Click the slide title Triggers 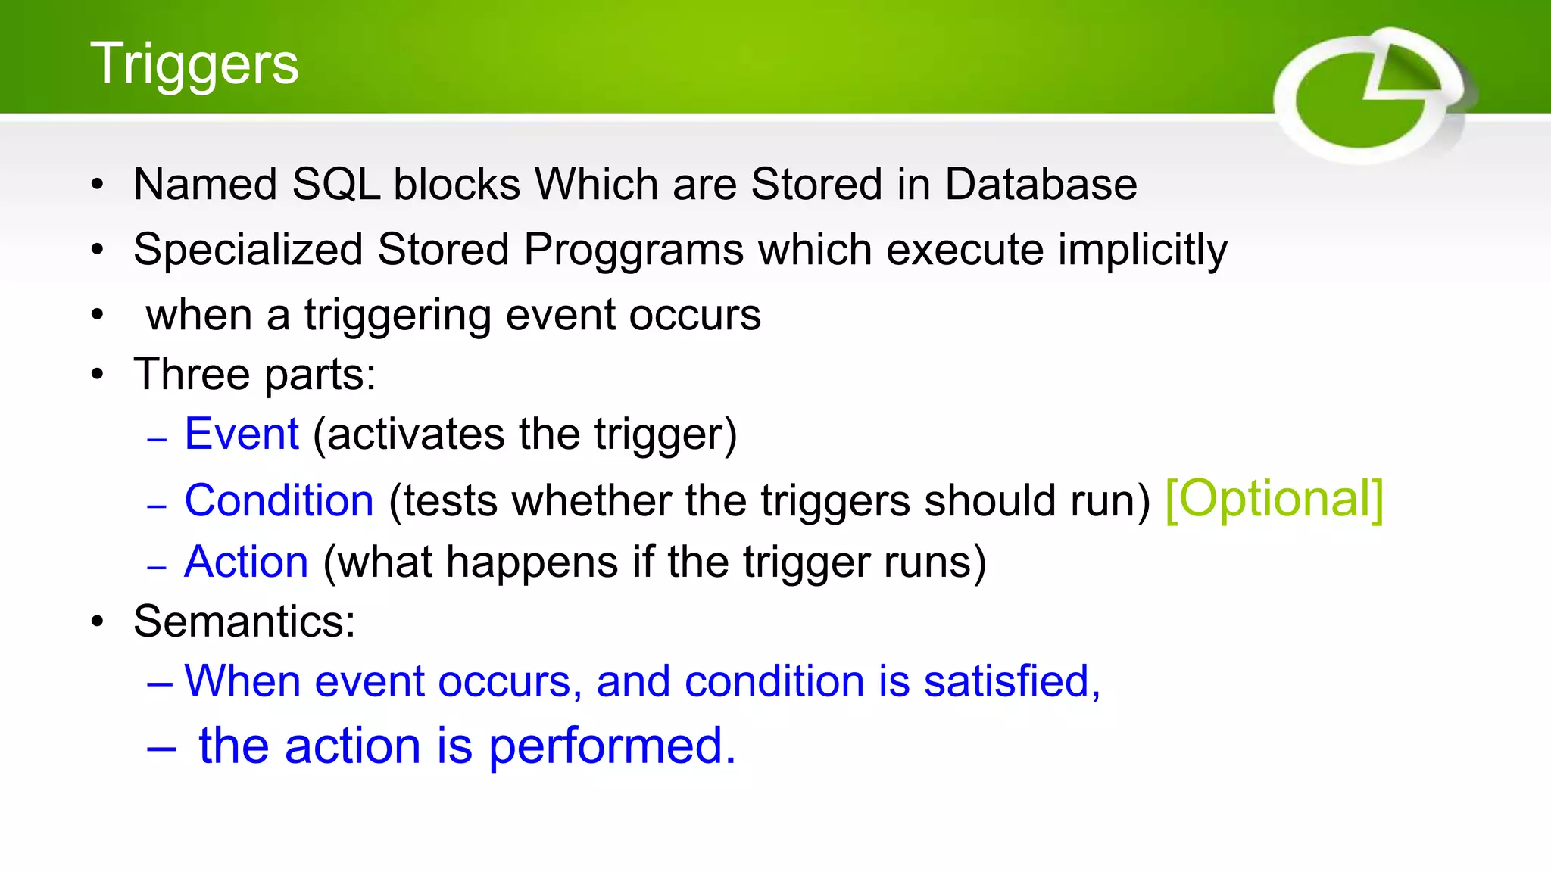(x=195, y=64)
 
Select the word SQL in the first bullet (x=335, y=184)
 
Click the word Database (x=1041, y=184)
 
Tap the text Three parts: (x=254, y=374)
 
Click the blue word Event (x=242, y=434)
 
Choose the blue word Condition (x=279, y=500)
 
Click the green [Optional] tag (x=1274, y=499)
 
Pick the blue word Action (x=246, y=562)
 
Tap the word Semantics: (x=244, y=621)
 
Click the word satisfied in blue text (x=1011, y=680)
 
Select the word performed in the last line (x=611, y=746)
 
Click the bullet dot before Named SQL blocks (x=97, y=185)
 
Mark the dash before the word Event (x=157, y=439)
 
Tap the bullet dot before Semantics (x=97, y=622)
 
